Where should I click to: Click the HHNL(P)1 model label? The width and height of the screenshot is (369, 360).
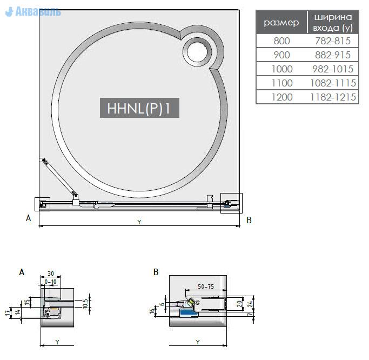tap(139, 108)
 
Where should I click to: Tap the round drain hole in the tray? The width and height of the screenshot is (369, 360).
tap(197, 52)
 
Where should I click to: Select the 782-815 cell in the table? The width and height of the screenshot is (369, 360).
tap(333, 41)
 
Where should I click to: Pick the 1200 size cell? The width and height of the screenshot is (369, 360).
tap(282, 97)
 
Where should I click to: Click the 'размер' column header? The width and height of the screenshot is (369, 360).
tap(281, 22)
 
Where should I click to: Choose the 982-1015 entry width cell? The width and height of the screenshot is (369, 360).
tap(333, 69)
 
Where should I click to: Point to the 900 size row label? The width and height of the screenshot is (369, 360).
tap(282, 55)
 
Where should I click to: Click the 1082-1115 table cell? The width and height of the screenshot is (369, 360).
tap(333, 83)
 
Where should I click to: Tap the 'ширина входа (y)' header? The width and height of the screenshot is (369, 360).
tap(333, 22)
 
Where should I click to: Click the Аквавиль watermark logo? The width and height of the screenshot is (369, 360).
tap(33, 11)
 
